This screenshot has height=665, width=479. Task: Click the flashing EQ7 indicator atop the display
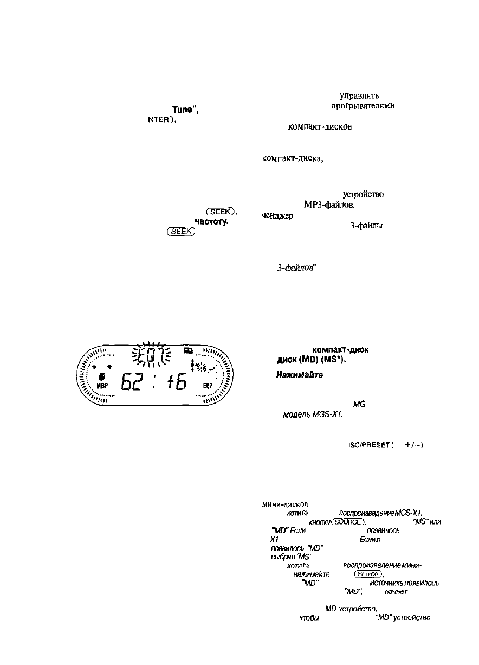[x=151, y=357]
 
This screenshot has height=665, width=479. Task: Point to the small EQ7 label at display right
[x=208, y=386]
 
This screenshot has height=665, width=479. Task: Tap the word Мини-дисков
[x=277, y=503]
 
